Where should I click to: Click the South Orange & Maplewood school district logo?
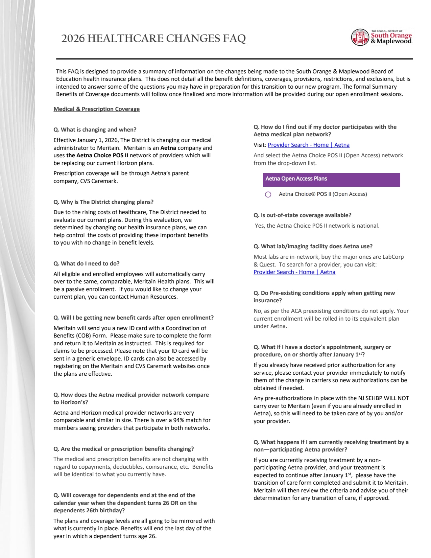(x=381, y=37)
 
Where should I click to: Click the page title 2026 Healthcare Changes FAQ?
(x=153, y=39)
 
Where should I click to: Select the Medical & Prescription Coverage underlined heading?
(x=96, y=109)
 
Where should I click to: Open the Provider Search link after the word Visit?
(x=308, y=145)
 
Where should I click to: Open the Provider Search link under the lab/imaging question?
(x=294, y=272)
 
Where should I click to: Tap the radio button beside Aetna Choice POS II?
(x=268, y=194)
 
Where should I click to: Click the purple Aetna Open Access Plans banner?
(x=331, y=180)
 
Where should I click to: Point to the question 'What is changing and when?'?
(x=95, y=130)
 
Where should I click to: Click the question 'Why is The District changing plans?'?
(x=103, y=202)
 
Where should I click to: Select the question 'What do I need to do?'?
(x=86, y=263)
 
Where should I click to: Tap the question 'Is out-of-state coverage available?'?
(x=302, y=215)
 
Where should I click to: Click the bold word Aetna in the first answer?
(x=168, y=148)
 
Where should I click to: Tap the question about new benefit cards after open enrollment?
(x=134, y=318)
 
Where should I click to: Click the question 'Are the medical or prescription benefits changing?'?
(x=123, y=449)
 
